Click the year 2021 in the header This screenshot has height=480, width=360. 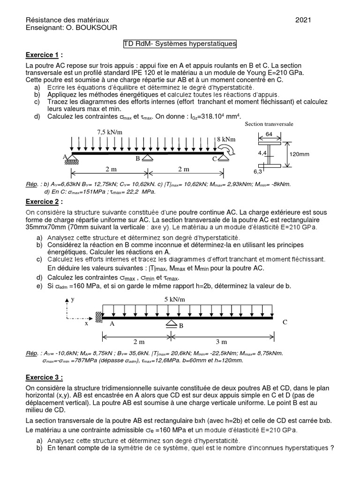point(303,20)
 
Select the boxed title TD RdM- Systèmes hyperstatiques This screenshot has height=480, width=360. point(180,44)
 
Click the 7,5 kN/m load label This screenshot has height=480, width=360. point(110,132)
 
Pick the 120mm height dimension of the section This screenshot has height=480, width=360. point(300,154)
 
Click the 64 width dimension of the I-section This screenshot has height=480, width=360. point(269,135)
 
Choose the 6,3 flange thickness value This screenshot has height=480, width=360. point(257,172)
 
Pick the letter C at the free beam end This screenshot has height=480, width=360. point(285,322)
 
